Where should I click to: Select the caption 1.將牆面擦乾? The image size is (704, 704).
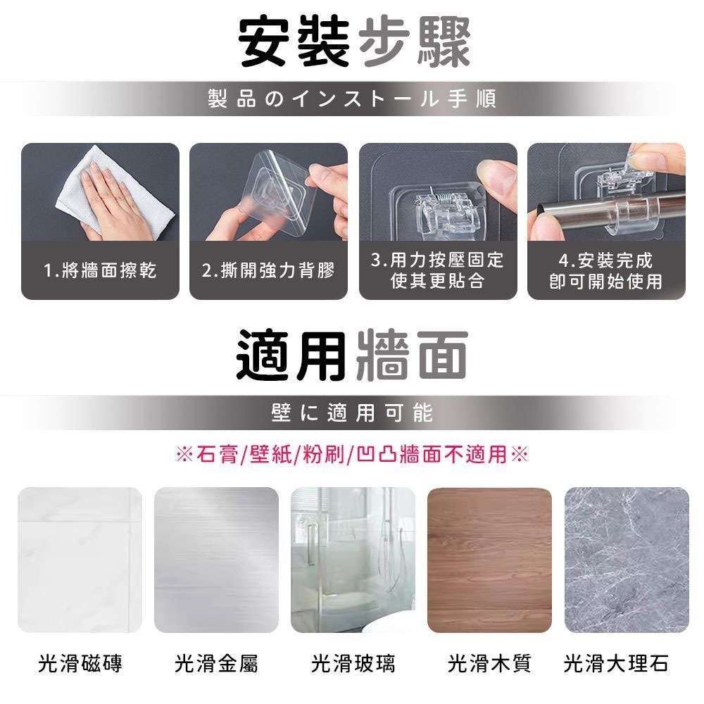100,270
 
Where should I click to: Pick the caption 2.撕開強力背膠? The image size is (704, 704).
268,270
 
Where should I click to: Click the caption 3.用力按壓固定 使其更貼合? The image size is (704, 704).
438,270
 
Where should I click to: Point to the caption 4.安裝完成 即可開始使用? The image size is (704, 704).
606,270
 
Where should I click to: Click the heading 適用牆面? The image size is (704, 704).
352,353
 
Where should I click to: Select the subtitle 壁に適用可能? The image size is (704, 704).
352,413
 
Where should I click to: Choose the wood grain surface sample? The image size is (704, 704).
489,560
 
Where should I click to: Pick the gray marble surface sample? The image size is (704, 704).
627,560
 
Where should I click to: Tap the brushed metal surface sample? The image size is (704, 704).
216,560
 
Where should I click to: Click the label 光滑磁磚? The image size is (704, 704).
80,662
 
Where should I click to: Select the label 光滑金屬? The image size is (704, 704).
216,662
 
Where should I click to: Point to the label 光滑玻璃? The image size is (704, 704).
353,662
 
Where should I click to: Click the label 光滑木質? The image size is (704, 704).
489,662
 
